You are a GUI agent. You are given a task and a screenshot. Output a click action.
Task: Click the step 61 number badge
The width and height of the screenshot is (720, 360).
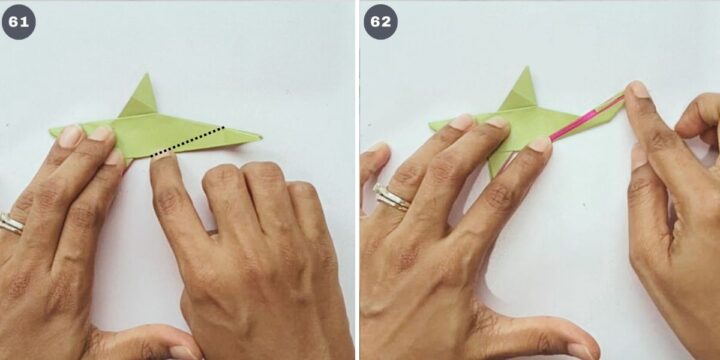coord(19,22)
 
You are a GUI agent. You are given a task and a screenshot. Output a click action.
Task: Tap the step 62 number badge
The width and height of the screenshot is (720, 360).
coord(381,22)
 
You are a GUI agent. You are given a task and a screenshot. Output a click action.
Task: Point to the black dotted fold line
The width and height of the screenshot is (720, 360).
coord(188,141)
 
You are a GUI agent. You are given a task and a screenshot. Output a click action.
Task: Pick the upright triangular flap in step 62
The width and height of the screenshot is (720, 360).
coord(521,90)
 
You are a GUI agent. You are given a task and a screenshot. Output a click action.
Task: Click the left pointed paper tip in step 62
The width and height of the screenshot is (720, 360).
coord(431,125)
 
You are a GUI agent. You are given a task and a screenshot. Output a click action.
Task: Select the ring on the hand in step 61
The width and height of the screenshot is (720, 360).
coord(10,223)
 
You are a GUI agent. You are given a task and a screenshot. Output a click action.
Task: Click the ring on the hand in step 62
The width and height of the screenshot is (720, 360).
coord(391,198)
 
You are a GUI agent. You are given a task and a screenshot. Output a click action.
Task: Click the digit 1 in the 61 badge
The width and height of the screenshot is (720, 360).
coord(25,22)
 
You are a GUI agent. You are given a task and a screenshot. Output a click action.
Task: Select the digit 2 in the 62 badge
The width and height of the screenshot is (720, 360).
coord(387,22)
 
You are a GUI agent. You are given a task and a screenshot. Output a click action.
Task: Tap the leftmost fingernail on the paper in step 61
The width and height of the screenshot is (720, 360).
coord(70,136)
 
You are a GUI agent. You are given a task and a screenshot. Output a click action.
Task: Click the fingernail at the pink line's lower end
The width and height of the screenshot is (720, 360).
coord(540,144)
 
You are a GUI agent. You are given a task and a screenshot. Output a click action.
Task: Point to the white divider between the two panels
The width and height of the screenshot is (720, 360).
coord(357,180)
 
